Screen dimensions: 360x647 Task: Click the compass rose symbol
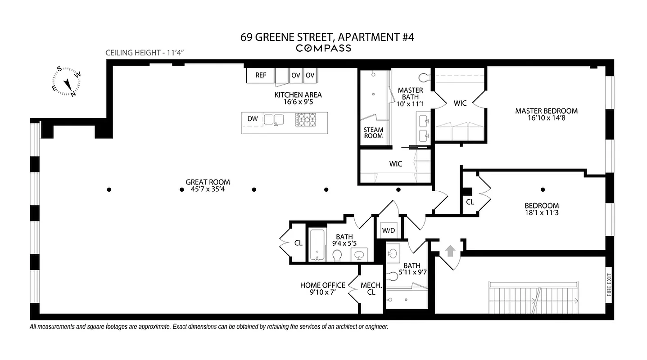(67, 82)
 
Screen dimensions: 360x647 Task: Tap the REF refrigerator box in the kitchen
(261, 75)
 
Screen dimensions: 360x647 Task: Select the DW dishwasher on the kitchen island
(253, 119)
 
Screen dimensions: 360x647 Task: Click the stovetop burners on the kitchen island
(306, 119)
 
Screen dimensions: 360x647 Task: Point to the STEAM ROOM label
(373, 133)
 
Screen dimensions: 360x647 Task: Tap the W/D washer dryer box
(388, 231)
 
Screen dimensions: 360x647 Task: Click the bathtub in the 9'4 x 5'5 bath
(317, 245)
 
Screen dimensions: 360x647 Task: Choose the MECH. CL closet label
(371, 288)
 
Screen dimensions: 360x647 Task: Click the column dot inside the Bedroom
(543, 189)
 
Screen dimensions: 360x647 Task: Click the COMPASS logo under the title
(323, 48)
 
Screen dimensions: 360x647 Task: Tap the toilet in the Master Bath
(424, 77)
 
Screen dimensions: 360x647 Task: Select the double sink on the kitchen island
(274, 119)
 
